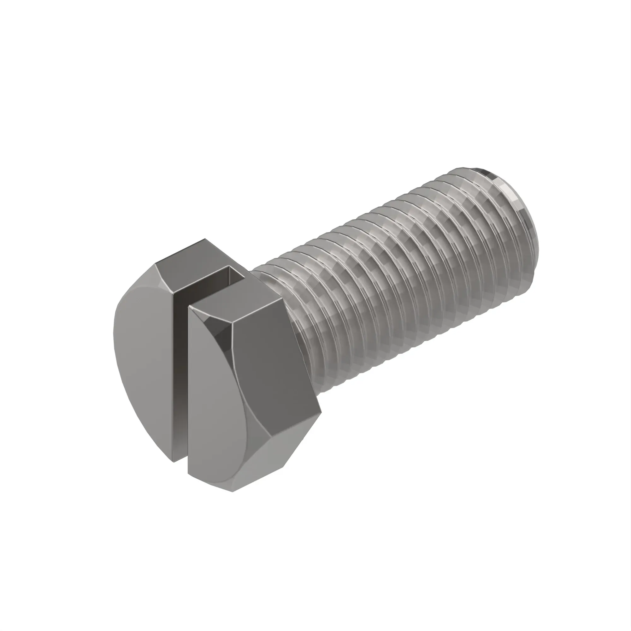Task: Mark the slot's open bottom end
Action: pos(179,457)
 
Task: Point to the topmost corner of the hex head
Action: pos(205,239)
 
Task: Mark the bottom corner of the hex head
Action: pos(233,492)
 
